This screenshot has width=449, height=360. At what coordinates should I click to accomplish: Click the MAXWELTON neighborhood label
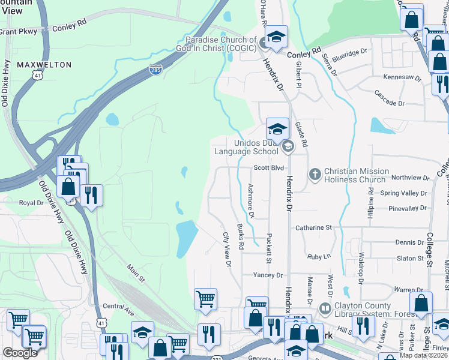pyautogui.click(x=44, y=64)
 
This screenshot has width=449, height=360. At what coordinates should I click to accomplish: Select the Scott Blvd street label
pyautogui.click(x=268, y=169)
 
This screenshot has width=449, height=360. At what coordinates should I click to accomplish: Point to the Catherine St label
pyautogui.click(x=313, y=228)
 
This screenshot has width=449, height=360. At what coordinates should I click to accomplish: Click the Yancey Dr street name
pyautogui.click(x=268, y=275)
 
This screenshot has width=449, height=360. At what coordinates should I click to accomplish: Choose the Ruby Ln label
pyautogui.click(x=319, y=256)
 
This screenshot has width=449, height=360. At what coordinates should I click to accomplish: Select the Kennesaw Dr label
pyautogui.click(x=402, y=77)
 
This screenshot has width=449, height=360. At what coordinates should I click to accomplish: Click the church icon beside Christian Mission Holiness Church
pyautogui.click(x=313, y=175)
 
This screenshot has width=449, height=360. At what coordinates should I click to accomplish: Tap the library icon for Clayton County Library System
pyautogui.click(x=325, y=310)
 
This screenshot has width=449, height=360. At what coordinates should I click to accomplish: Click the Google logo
pyautogui.click(x=20, y=353)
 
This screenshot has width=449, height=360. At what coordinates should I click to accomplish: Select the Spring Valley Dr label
pyautogui.click(x=404, y=193)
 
